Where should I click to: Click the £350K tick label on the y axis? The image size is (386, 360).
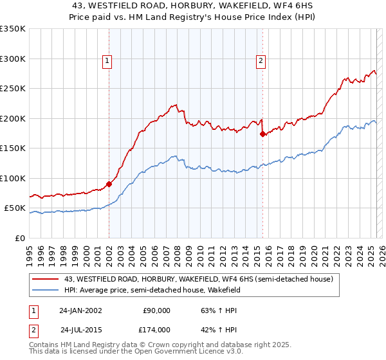point(13,29)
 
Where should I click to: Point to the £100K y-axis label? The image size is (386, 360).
point(13,178)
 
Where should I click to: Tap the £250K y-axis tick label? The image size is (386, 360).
point(13,89)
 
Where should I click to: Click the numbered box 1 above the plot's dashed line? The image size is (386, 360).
point(107,61)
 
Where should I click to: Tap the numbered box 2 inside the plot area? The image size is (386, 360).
point(261,61)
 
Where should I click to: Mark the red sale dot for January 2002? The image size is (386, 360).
point(109,184)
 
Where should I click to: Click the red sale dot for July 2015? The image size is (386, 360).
point(262,134)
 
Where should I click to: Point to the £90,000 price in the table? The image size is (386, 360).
point(156,310)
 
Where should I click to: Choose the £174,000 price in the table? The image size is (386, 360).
point(156,329)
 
